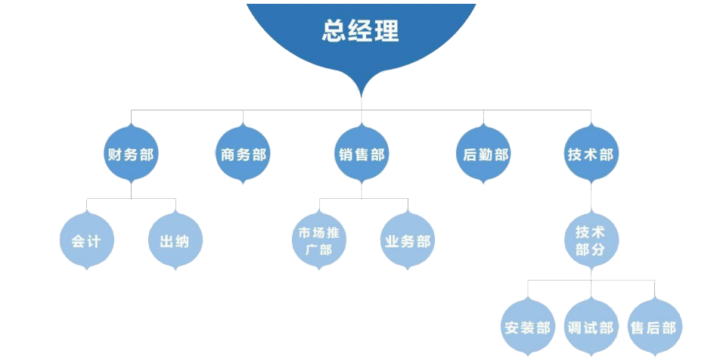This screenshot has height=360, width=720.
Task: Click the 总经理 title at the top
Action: (361, 31)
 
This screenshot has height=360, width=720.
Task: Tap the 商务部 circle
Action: (243, 155)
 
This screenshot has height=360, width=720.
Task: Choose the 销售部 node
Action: (361, 155)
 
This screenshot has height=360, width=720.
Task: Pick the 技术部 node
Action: (591, 155)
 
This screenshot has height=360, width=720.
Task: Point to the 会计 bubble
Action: (86, 242)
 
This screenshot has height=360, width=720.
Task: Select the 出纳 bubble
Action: (175, 242)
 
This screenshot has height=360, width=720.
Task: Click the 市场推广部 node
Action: (318, 241)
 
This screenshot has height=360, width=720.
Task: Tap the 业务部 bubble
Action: (407, 242)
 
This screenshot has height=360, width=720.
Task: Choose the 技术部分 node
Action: (591, 241)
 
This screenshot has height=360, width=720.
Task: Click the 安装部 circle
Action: (527, 328)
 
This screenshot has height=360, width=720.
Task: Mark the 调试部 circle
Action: (591, 328)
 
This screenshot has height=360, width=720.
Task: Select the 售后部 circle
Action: (655, 328)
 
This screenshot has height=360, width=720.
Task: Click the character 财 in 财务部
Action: (116, 155)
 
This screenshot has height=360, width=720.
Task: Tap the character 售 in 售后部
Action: (638, 328)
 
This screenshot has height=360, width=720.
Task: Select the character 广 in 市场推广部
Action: (310, 250)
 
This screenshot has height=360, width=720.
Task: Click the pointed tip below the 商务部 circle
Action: (243, 183)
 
